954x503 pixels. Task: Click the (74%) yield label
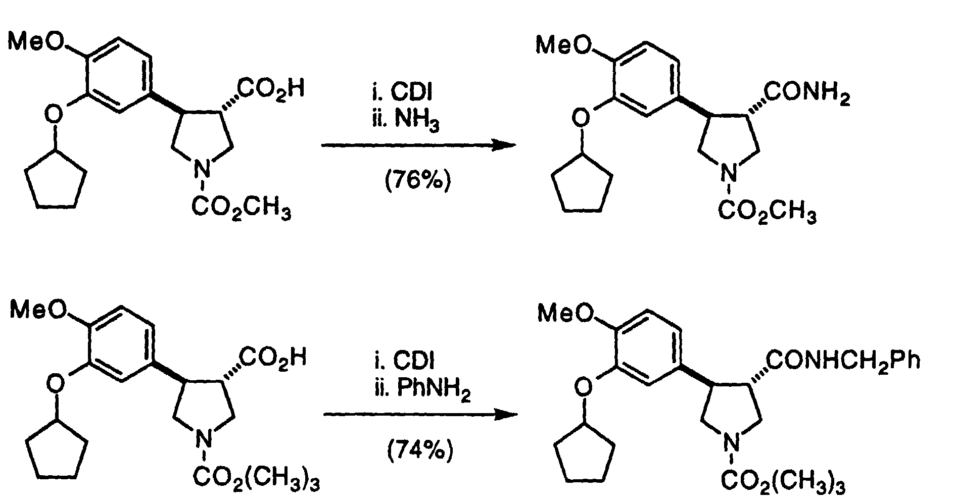tap(420, 449)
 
